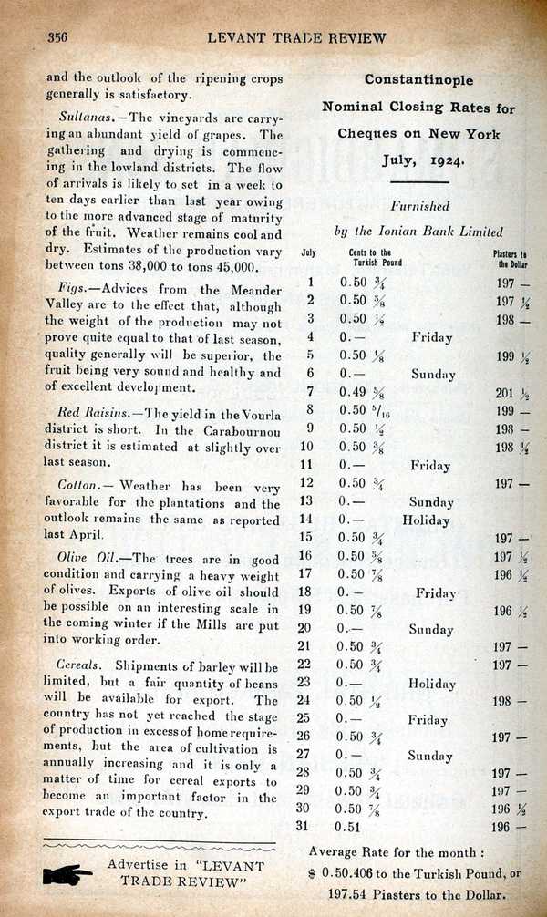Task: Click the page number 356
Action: click(x=57, y=37)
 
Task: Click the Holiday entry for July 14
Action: click(x=427, y=520)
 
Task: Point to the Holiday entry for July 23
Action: click(x=431, y=684)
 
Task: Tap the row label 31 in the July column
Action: click(x=311, y=828)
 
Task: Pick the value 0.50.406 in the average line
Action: click(x=352, y=872)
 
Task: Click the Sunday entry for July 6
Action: click(x=432, y=374)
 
